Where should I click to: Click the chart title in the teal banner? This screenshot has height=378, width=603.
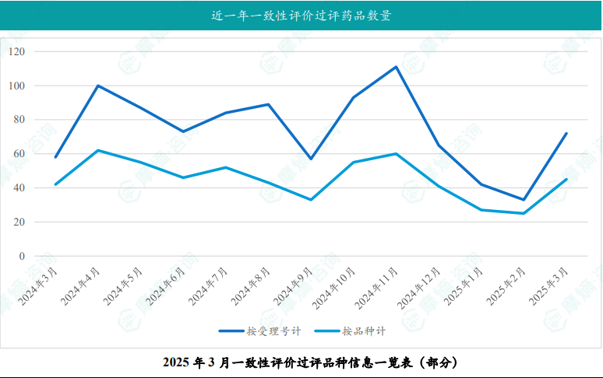[x=301, y=16]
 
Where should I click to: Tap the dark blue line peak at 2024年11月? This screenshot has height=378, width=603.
[x=396, y=67]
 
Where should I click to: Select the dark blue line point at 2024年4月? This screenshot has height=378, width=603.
[x=98, y=86]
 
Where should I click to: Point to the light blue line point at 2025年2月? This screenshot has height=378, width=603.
[x=524, y=213]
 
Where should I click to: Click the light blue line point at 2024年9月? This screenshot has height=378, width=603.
[x=311, y=200]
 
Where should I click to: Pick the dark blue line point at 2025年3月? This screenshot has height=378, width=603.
[x=566, y=133]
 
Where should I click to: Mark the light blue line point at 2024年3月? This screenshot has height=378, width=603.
[x=55, y=184]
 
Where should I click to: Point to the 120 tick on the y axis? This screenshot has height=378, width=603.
[x=16, y=51]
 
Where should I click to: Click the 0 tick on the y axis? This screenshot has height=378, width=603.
[x=22, y=256]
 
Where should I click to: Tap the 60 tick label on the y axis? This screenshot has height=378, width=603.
[x=19, y=154]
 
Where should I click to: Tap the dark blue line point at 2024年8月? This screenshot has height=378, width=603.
[x=268, y=104]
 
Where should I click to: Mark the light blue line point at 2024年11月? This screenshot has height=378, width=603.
[x=396, y=154]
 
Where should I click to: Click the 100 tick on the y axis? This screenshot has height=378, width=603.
[x=16, y=86]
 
